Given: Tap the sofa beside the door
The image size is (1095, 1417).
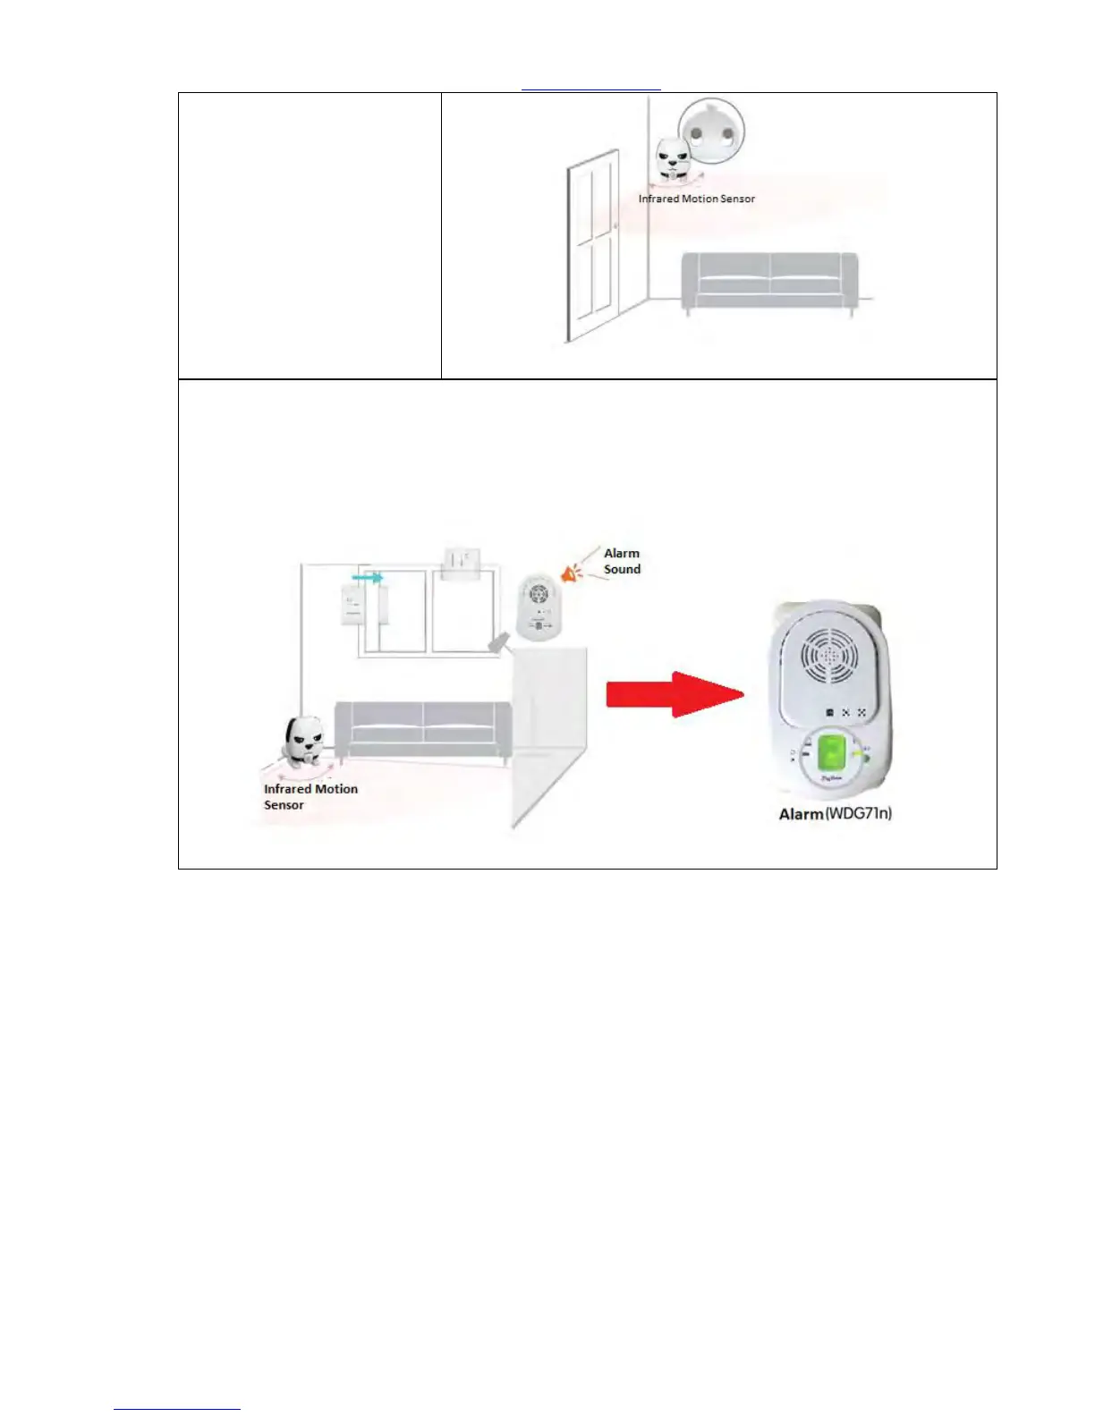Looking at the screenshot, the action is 769,281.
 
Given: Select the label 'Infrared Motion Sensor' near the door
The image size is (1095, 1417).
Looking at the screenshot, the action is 696,199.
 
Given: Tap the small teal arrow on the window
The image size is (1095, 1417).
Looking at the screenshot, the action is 367,578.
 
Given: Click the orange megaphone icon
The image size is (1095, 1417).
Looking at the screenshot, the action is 569,573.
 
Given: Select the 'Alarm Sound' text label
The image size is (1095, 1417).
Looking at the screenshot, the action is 622,561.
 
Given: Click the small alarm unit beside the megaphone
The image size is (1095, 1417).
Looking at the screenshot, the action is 538,607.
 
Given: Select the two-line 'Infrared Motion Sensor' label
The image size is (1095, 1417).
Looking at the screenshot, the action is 310,796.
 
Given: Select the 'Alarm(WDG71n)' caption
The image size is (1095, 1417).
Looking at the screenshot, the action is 835,813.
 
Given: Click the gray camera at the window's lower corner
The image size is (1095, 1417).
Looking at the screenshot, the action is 498,642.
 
